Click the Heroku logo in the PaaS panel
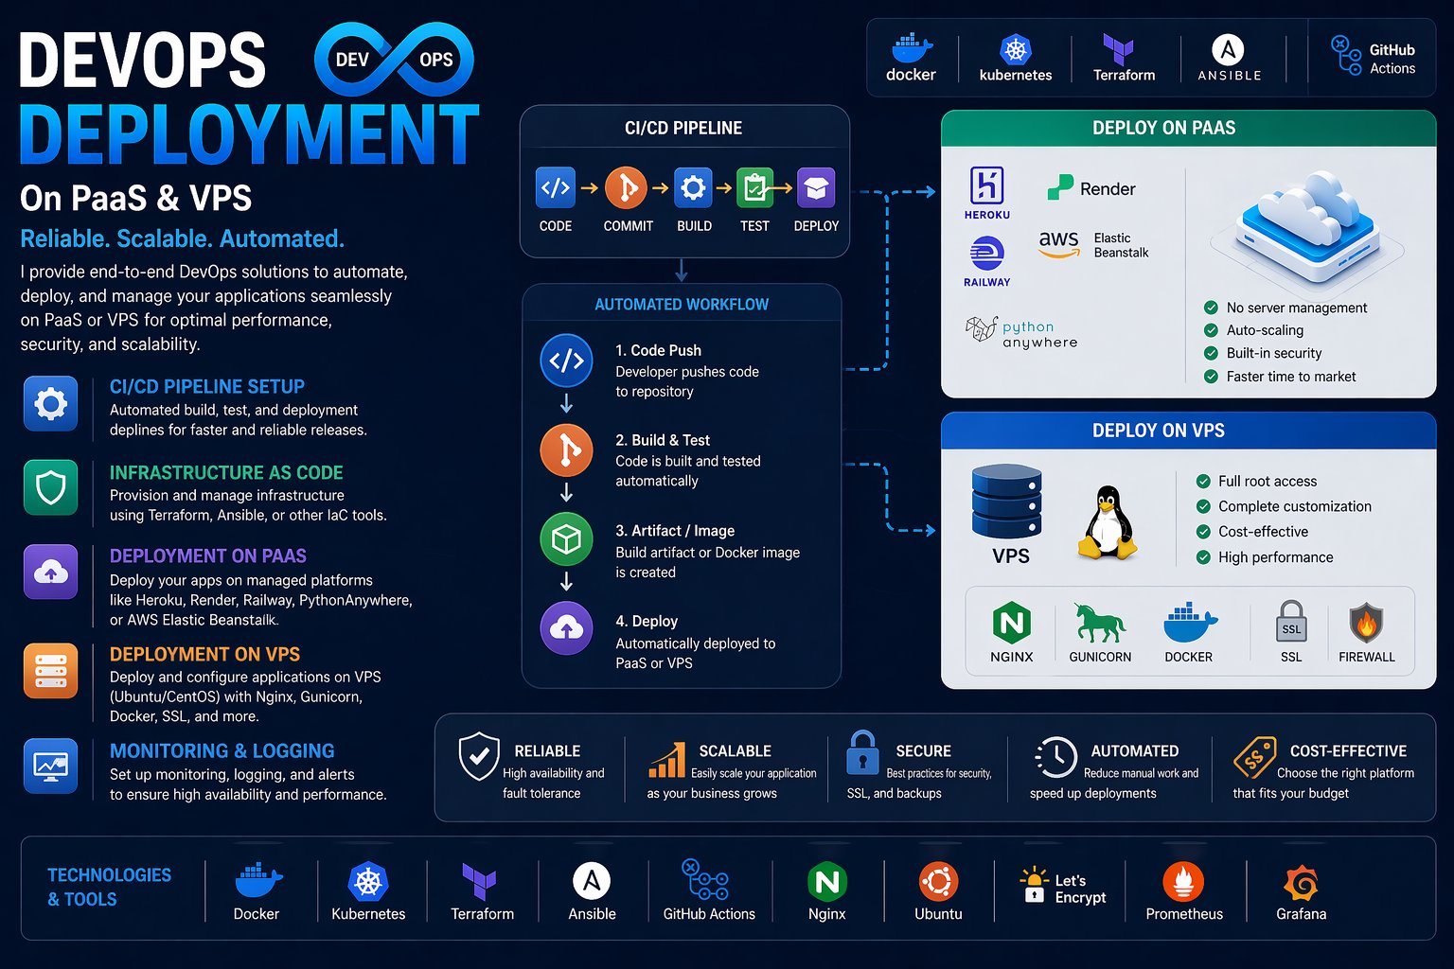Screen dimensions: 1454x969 (x=986, y=185)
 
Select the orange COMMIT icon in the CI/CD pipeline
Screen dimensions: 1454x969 (x=626, y=188)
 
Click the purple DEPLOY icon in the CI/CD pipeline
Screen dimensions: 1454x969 (x=816, y=188)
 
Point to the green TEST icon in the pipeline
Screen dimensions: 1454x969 (x=754, y=188)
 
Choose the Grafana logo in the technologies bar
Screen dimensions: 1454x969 (x=1301, y=883)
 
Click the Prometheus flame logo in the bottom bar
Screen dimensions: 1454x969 (x=1183, y=882)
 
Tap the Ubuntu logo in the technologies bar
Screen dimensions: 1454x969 (x=939, y=882)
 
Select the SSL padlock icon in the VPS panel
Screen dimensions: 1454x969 (x=1291, y=622)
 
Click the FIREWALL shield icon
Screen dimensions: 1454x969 (x=1366, y=623)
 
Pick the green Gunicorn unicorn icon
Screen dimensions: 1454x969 (x=1100, y=623)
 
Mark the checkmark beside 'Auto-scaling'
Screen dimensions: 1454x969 (x=1211, y=330)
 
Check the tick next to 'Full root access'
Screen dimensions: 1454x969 (x=1203, y=481)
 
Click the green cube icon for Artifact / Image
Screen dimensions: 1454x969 (x=566, y=538)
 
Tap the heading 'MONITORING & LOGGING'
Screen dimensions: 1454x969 (x=222, y=751)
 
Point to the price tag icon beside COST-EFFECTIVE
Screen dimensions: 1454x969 (x=1254, y=757)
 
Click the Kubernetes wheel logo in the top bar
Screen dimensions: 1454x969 (x=1016, y=50)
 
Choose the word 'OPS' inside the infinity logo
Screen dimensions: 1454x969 (x=436, y=60)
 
